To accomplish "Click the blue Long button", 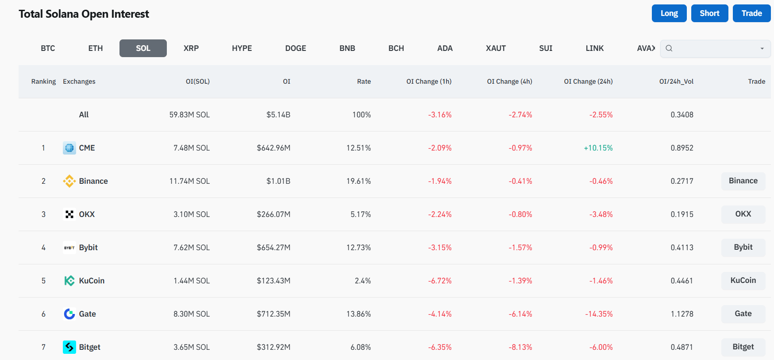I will coord(669,13).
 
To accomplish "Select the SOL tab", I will coord(143,48).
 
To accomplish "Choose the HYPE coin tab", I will coord(242,48).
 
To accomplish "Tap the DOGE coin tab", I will coord(295,48).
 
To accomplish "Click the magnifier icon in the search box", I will coord(669,48).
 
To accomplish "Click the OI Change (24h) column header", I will coord(588,81).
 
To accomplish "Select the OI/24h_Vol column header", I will coord(676,81).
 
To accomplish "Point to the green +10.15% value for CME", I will coord(598,148).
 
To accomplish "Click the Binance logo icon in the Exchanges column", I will coord(69,181).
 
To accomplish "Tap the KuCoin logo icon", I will coord(69,281).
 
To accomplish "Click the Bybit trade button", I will coord(743,247).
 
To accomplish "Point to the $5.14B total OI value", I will coord(278,115).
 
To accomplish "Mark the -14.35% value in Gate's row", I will coord(599,314).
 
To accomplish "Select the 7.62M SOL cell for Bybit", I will coord(191,248).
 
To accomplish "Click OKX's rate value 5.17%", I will coord(360,214).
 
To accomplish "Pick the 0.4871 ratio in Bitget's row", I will coord(682,347).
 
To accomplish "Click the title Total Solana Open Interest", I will coord(84,14).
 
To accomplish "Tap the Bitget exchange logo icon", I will coord(69,347).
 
